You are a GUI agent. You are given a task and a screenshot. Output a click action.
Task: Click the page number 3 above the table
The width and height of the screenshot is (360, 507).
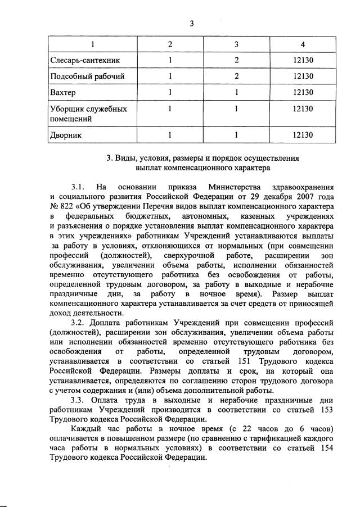pyautogui.click(x=192, y=23)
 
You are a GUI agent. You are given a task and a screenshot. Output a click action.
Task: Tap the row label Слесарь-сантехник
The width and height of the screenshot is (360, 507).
pyautogui.click(x=85, y=60)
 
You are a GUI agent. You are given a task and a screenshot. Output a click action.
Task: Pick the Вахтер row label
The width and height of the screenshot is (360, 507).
pyautogui.click(x=63, y=92)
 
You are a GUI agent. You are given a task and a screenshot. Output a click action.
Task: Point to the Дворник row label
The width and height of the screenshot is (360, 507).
pyautogui.click(x=66, y=135)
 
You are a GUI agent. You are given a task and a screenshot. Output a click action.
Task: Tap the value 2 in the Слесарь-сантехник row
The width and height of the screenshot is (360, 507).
pyautogui.click(x=237, y=60)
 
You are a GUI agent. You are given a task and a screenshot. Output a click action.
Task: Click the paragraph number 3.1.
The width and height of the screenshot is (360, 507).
pyautogui.click(x=78, y=187)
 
